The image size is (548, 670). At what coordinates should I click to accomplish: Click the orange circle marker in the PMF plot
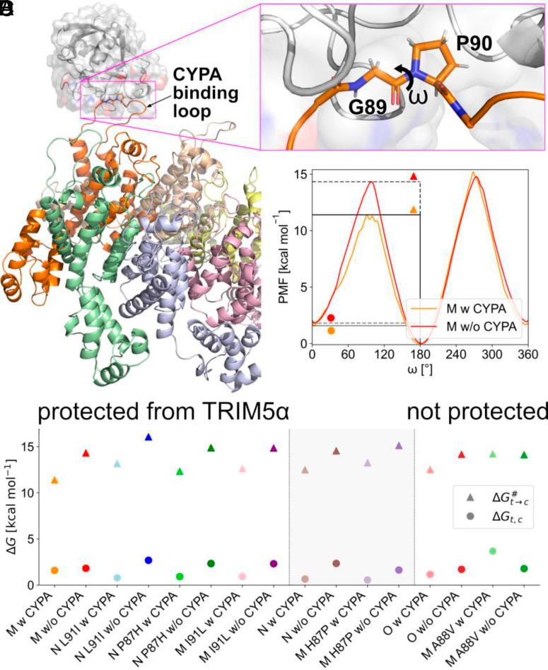click(331, 330)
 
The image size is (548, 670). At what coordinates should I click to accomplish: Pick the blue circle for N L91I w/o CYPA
click(148, 560)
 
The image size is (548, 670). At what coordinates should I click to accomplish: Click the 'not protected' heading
click(477, 411)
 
